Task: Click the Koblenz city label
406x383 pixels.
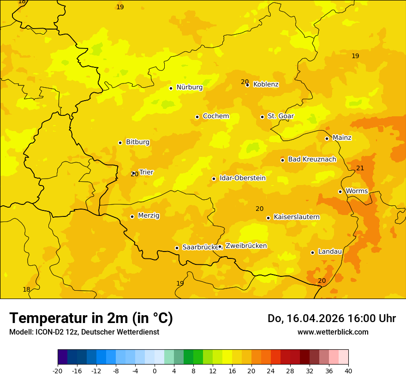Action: point(266,84)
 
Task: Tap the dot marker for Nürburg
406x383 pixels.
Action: point(171,88)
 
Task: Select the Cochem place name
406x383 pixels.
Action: point(215,116)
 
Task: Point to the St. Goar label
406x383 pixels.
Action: point(281,116)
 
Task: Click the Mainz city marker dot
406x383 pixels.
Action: point(327,138)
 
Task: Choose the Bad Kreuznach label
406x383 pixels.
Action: point(312,160)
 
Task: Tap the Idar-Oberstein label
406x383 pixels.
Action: point(242,178)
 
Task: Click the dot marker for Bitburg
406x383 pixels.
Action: point(120,143)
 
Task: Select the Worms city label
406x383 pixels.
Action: point(357,191)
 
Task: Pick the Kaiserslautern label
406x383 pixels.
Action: point(297,217)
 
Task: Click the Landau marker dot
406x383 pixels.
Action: point(312,252)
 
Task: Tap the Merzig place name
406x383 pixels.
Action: point(149,215)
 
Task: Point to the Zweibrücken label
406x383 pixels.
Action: point(246,246)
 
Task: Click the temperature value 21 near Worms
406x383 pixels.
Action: point(360,168)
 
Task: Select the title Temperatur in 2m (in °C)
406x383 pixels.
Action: point(91,318)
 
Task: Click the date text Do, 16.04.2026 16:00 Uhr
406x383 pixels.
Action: point(331,318)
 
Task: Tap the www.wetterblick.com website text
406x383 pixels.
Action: point(333,332)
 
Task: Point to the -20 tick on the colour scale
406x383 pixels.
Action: point(58,371)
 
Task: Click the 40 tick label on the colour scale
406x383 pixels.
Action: point(348,371)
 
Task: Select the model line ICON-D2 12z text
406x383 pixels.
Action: point(84,332)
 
